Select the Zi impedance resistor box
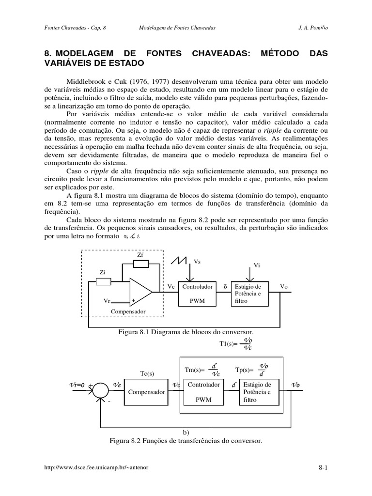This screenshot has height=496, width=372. pyautogui.click(x=104, y=281)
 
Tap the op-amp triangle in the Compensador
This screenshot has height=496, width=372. pyautogui.click(x=139, y=292)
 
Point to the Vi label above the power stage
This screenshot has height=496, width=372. pyautogui.click(x=257, y=265)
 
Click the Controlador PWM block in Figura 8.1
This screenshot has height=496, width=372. pyautogui.click(x=197, y=294)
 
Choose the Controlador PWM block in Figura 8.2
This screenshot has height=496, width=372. pyautogui.click(x=204, y=392)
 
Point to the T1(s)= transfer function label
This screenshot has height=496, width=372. pyautogui.click(x=228, y=344)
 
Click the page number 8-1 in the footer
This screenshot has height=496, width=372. pyautogui.click(x=323, y=467)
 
